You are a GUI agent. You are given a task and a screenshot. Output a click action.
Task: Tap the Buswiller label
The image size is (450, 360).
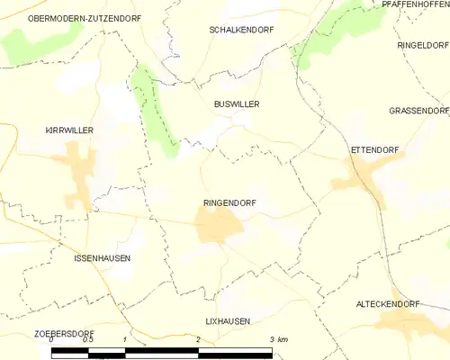pos(237,104)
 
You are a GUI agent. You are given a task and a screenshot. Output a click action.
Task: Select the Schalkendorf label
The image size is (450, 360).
pos(241,30)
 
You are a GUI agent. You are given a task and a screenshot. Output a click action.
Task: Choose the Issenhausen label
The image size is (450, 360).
pos(102,258)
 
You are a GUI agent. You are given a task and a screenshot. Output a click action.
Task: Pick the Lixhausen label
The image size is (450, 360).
pos(227,320)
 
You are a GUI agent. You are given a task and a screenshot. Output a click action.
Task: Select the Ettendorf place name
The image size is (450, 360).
pos(373,149)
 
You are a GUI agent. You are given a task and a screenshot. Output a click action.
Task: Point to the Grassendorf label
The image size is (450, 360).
pos(418,111)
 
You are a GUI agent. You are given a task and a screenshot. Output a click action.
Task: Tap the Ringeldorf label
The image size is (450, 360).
pos(422,44)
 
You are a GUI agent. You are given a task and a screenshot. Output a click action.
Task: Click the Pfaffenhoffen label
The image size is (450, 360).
pos(415,4)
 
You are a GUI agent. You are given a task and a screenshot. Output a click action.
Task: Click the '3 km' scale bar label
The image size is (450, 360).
pos(278,339)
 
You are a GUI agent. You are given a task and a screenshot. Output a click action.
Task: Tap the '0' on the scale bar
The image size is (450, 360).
pos(51,339)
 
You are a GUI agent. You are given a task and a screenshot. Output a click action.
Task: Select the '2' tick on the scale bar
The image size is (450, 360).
pos(198,339)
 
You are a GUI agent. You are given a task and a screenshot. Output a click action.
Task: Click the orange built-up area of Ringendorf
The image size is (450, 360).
pos(218,225)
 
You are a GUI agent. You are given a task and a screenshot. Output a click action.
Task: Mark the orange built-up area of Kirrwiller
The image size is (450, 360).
pos(76,171)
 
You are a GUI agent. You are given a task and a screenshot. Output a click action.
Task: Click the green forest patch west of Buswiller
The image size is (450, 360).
pos(149,108)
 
